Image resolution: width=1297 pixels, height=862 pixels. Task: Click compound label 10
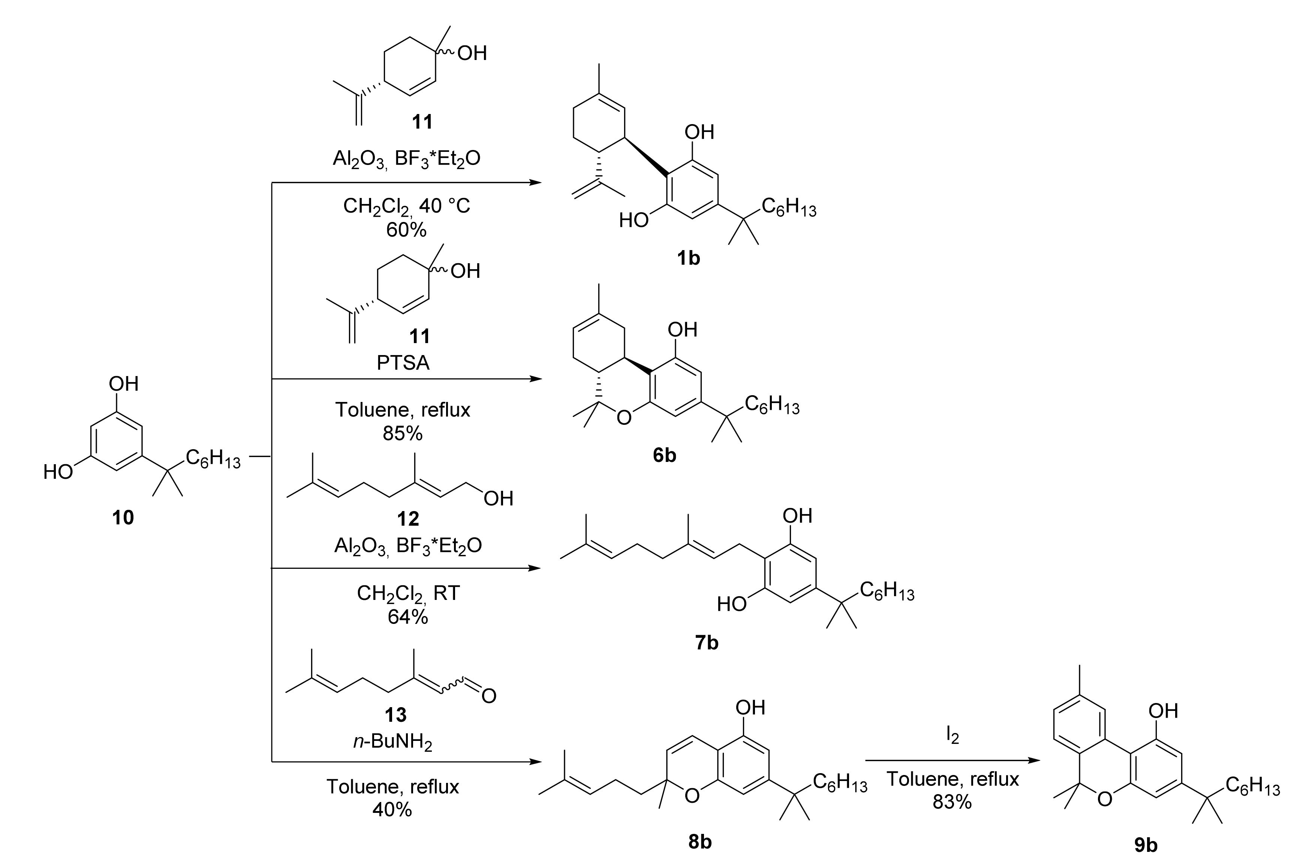point(123,517)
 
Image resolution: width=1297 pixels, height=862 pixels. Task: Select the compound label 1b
point(688,257)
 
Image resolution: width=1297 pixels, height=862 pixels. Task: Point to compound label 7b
point(706,642)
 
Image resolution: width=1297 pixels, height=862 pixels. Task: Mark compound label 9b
point(1146,844)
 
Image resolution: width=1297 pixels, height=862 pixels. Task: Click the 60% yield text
point(406,230)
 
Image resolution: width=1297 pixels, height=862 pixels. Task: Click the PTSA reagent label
point(403,363)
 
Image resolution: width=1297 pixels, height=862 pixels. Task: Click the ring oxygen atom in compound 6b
point(623,418)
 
